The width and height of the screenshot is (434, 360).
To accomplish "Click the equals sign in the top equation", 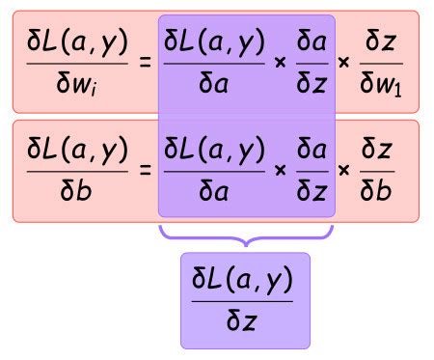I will [x=147, y=61].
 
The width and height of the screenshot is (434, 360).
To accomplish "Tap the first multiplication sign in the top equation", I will [x=280, y=61].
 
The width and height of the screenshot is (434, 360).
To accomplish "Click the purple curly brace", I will [x=245, y=234].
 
